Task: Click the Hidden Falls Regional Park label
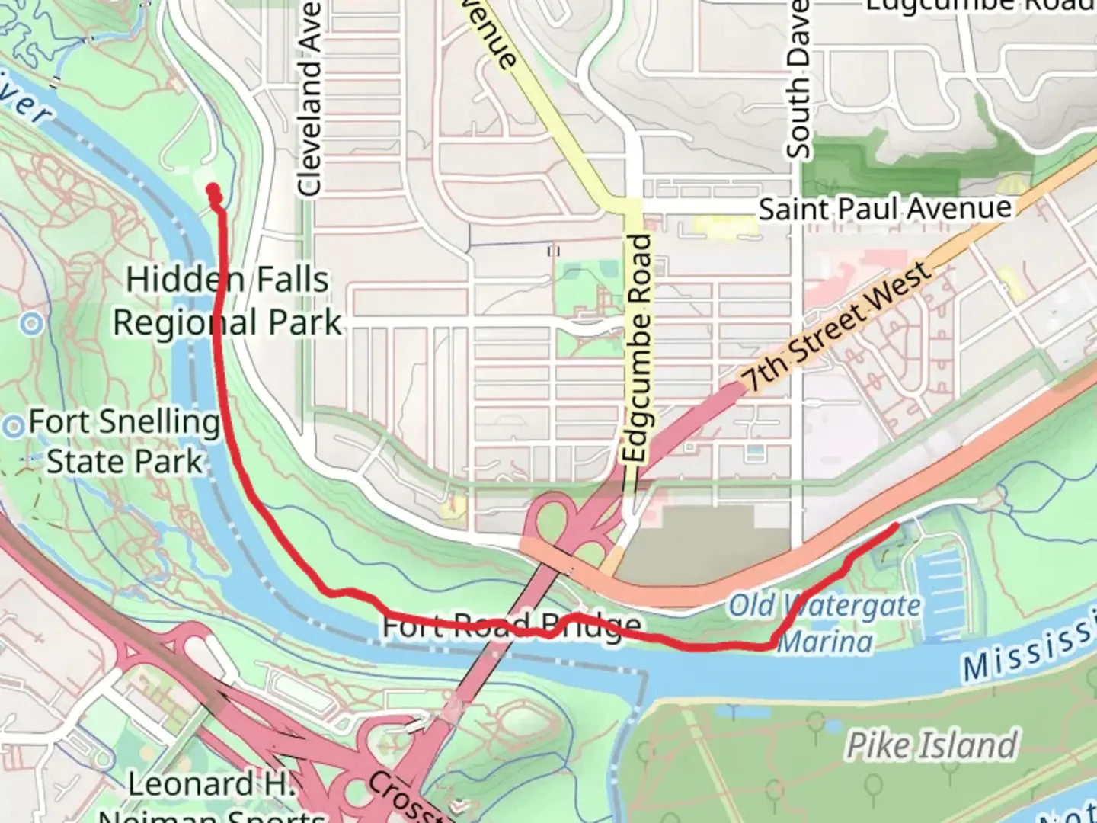pyautogui.click(x=227, y=301)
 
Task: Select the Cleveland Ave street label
pyautogui.click(x=309, y=99)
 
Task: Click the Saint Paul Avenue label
pyautogui.click(x=884, y=208)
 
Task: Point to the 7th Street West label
pyautogui.click(x=836, y=326)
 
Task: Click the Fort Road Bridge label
pyautogui.click(x=510, y=626)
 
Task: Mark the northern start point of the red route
pyautogui.click(x=213, y=190)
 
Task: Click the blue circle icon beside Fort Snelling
pyautogui.click(x=13, y=426)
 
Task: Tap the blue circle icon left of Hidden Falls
pyautogui.click(x=31, y=325)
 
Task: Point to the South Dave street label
pyautogui.click(x=798, y=80)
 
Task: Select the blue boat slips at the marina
pyautogui.click(x=942, y=587)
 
